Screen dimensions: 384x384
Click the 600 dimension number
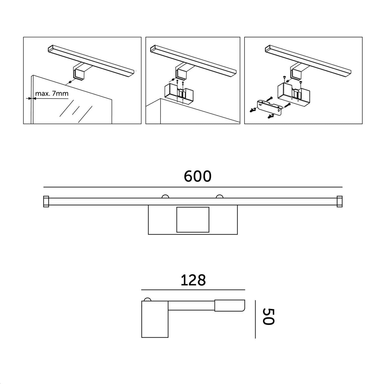pyautogui.click(x=198, y=176)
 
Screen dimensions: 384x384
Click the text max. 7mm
pyautogui.click(x=52, y=93)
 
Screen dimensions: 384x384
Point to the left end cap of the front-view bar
pyautogui.click(x=46, y=201)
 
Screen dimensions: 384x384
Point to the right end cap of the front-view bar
pyautogui.click(x=339, y=201)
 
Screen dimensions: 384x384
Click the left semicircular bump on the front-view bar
pyautogui.click(x=165, y=196)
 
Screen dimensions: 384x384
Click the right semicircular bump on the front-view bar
pyautogui.click(x=219, y=196)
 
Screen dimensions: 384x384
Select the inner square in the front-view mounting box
pyautogui.click(x=193, y=219)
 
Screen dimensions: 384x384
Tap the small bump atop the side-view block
pyautogui.click(x=147, y=300)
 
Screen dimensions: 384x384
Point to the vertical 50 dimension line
pyautogui.click(x=255, y=319)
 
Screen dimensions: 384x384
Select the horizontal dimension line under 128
pyautogui.click(x=193, y=290)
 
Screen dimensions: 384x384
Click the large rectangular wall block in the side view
pyautogui.click(x=155, y=319)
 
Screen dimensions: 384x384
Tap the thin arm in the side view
pyautogui.click(x=191, y=306)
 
